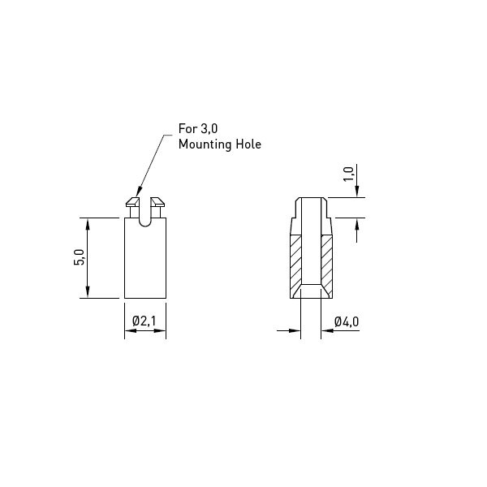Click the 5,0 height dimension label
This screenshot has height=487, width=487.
[x=80, y=257]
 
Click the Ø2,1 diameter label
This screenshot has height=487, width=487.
[x=144, y=321]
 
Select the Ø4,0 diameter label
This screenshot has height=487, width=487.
[x=347, y=321]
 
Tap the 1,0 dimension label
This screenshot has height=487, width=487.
[x=348, y=174]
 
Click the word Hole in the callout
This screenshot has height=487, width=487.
[x=249, y=144]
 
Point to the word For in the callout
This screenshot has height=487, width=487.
[x=188, y=128]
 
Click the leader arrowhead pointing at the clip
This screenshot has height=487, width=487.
[x=139, y=192]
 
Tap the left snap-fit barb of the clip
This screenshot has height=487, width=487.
[x=133, y=202]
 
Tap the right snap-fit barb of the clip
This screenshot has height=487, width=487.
[x=157, y=202]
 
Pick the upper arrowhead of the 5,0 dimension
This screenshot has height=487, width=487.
[x=88, y=224]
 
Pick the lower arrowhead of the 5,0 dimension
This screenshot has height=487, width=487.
[x=88, y=292]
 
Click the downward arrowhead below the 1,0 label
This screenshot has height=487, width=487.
[x=357, y=192]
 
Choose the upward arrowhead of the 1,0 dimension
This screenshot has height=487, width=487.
[x=357, y=224]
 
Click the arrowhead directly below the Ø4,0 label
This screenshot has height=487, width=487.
[x=327, y=330]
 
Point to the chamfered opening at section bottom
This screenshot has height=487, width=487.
[x=311, y=291]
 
